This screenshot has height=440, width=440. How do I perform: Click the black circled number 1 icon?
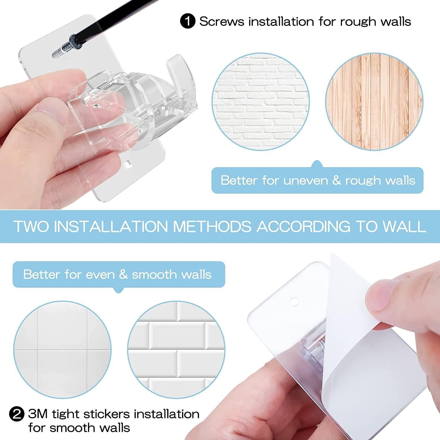click(187, 22)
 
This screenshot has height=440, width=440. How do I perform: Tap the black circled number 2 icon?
click(17, 414)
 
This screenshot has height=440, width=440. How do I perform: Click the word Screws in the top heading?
click(221, 22)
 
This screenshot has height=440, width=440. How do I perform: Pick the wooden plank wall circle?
click(374, 102)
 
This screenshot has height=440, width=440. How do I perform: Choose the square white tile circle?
click(62, 349)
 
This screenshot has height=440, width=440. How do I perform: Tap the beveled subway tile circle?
click(176, 349)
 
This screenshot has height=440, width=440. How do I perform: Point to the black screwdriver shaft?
click(117, 18)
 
